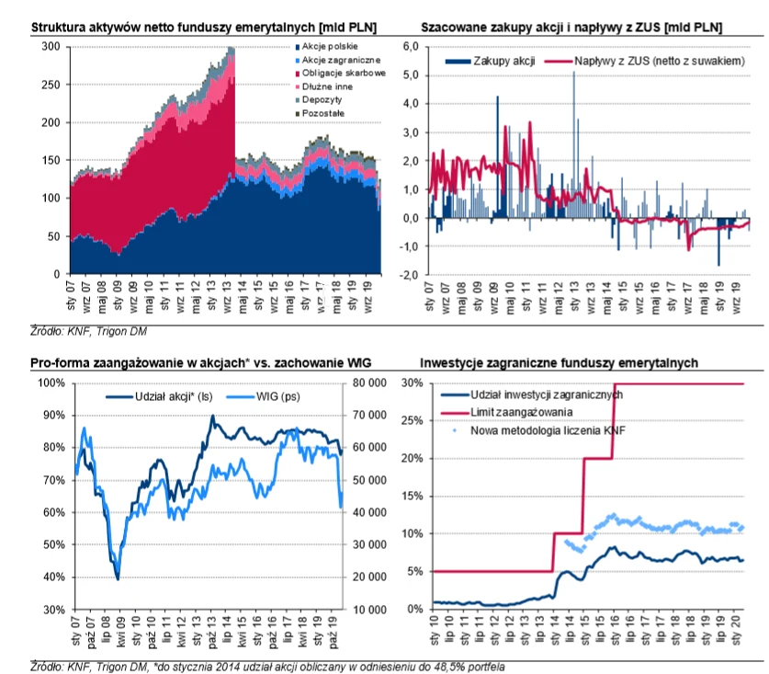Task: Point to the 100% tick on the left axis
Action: (x=50, y=383)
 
